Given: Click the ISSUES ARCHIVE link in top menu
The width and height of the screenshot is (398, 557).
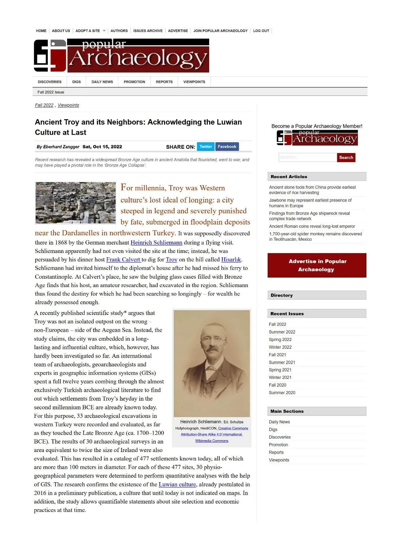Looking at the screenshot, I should tap(148, 31).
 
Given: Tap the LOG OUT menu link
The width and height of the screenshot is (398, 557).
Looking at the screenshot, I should tap(261, 31).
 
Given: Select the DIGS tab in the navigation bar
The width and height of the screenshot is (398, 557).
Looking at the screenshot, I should tap(77, 82).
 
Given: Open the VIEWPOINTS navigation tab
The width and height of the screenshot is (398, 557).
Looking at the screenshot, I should tap(194, 82).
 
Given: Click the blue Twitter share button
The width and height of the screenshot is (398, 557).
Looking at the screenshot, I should tap(206, 147).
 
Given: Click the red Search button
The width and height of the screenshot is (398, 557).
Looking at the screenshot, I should tap(346, 157).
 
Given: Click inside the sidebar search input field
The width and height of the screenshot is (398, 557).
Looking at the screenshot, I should tap(307, 157).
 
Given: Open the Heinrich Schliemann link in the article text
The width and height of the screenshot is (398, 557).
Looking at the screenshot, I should tap(156, 242).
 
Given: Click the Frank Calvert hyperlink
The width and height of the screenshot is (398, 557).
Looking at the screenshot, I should tap(123, 260).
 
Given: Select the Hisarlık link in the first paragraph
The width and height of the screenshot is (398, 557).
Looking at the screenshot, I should tap(231, 260).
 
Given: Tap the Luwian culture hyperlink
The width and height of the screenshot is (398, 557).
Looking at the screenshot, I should tap(177, 485).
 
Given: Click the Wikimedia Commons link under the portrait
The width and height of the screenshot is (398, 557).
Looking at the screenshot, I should tap(212, 441).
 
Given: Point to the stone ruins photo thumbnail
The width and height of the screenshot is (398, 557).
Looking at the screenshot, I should tap(76, 203).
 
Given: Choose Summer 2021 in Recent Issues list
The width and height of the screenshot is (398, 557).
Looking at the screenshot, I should tap(282, 362).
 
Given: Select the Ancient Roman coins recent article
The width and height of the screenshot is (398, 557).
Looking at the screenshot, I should tap(312, 226).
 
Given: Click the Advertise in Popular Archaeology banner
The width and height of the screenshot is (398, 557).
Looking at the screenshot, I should tap(317, 265).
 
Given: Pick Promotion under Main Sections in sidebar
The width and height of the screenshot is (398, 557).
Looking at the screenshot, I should tap(278, 445).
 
